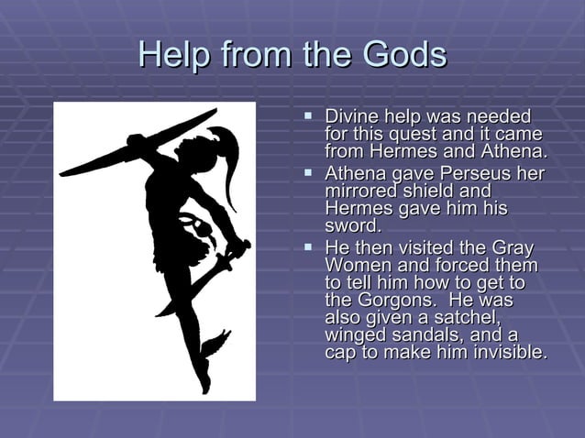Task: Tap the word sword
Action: (x=352, y=225)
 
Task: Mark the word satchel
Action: (x=464, y=318)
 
